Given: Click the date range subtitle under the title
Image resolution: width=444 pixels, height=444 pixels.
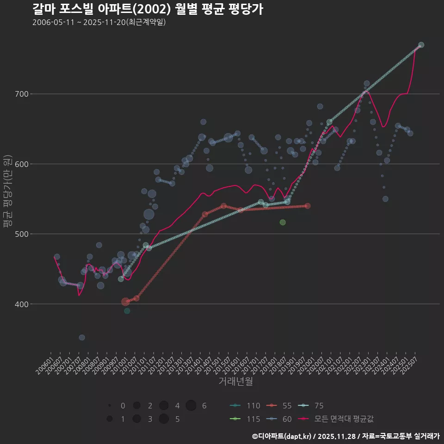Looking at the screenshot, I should tap(99, 22).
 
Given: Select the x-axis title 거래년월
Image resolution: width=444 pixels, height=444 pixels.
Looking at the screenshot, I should tap(235, 382).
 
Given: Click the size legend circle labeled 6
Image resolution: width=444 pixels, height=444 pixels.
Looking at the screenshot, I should tap(191, 406).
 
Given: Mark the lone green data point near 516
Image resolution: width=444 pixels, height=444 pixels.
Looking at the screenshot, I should tap(283, 222).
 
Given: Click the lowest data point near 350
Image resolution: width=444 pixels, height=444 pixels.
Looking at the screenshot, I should tap(82, 338).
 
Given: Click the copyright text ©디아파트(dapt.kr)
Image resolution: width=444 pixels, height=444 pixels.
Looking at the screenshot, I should tap(282, 436).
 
